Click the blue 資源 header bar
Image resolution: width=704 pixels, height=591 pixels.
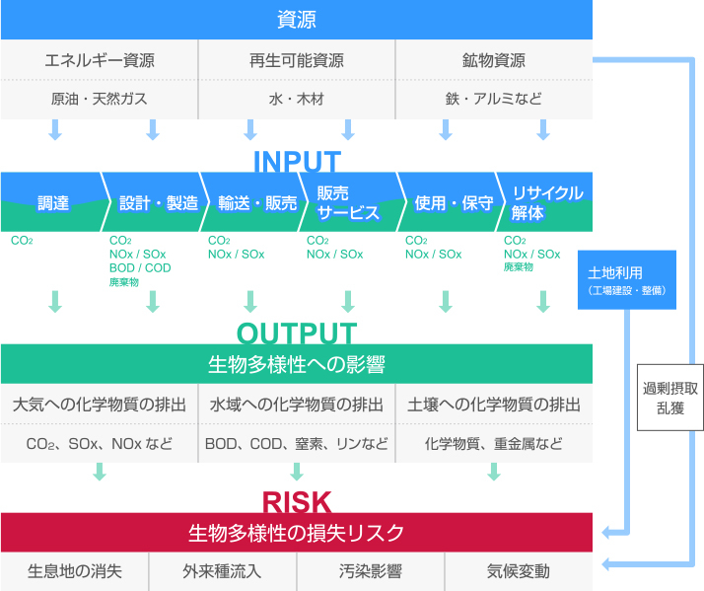pyautogui.click(x=296, y=20)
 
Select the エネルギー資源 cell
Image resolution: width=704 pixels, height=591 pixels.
pyautogui.click(x=100, y=60)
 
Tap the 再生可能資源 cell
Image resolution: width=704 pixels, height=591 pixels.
pyautogui.click(x=297, y=60)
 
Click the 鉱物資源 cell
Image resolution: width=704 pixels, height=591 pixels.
pyautogui.click(x=493, y=60)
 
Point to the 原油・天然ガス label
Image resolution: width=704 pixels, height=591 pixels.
pyautogui.click(x=100, y=99)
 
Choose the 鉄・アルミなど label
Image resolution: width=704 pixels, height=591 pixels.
pyautogui.click(x=493, y=99)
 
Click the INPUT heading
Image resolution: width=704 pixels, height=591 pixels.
pyautogui.click(x=297, y=161)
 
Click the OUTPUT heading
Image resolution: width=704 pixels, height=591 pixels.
pyautogui.click(x=297, y=332)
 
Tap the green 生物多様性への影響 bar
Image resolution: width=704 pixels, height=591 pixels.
pyautogui.click(x=296, y=364)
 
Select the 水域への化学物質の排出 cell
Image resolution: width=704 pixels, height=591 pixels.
pyautogui.click(x=297, y=405)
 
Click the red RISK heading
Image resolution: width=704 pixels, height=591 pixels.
pyautogui.click(x=297, y=502)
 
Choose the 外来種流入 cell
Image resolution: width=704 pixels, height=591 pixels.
pyautogui.click(x=223, y=571)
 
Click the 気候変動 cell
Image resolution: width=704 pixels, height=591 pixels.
pyautogui.click(x=519, y=571)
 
